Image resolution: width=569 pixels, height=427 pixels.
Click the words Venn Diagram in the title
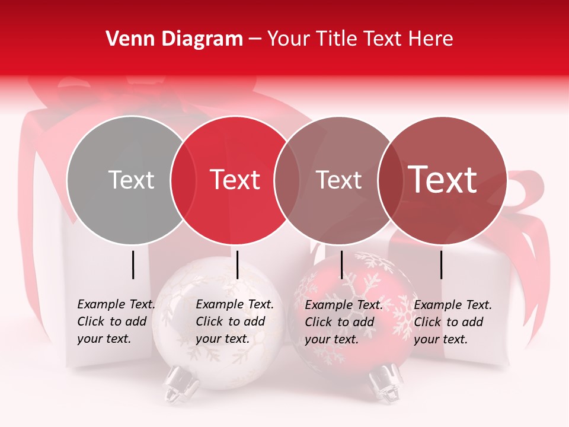click(174, 39)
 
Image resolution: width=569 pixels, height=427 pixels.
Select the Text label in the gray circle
click(132, 180)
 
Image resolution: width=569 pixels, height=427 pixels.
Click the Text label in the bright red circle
click(235, 180)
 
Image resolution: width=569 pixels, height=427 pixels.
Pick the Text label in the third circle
click(339, 180)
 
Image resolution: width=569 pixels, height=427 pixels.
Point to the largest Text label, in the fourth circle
click(443, 179)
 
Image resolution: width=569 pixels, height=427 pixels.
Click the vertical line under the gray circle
click(133, 265)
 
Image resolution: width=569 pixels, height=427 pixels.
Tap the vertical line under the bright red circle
click(237, 265)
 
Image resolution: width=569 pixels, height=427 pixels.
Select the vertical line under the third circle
click(341, 265)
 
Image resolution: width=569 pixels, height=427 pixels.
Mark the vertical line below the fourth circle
click(441, 265)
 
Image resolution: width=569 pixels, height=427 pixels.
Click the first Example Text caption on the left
click(116, 304)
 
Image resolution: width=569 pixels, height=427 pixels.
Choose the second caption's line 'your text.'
click(222, 339)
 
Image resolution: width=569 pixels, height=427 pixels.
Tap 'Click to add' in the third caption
click(340, 322)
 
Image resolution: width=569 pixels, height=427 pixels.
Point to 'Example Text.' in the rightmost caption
click(453, 305)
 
